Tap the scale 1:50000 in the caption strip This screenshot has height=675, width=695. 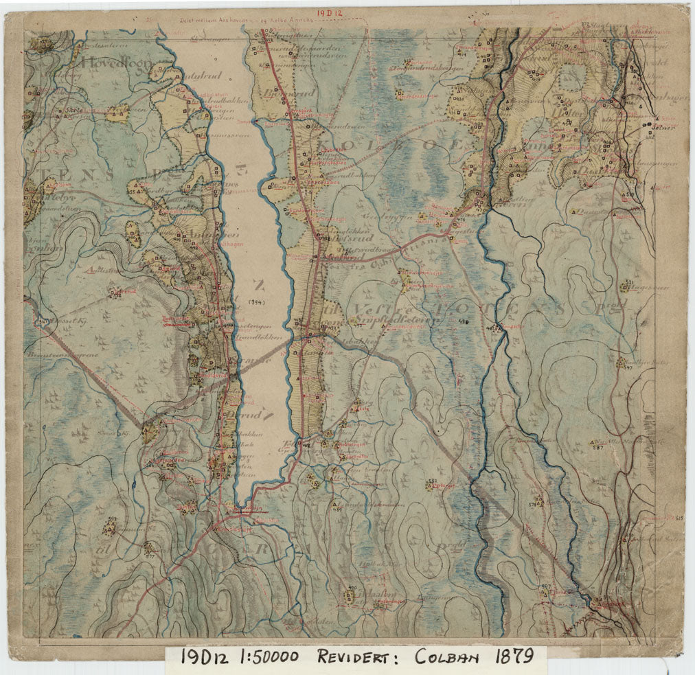coord(269,657)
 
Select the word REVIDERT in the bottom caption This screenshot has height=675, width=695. coord(361,657)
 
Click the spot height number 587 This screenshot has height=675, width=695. coord(597,447)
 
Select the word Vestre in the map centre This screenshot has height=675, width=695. coord(376,308)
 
